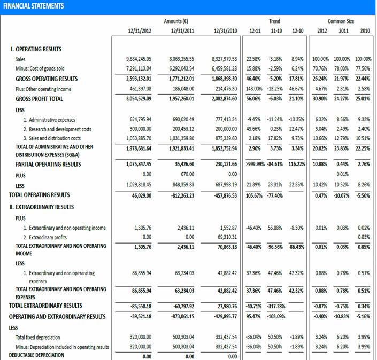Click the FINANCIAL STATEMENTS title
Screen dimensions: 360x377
(33, 6)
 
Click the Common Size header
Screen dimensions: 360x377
(341, 21)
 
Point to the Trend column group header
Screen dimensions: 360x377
(274, 21)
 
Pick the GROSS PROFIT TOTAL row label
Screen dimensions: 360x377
(39, 99)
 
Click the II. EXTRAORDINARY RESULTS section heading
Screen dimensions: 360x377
(41, 207)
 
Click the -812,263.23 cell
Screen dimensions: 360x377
(180, 195)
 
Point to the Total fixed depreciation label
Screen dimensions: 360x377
(38, 337)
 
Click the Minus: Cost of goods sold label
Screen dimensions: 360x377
(40, 68)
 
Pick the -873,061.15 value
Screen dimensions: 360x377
(180, 317)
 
